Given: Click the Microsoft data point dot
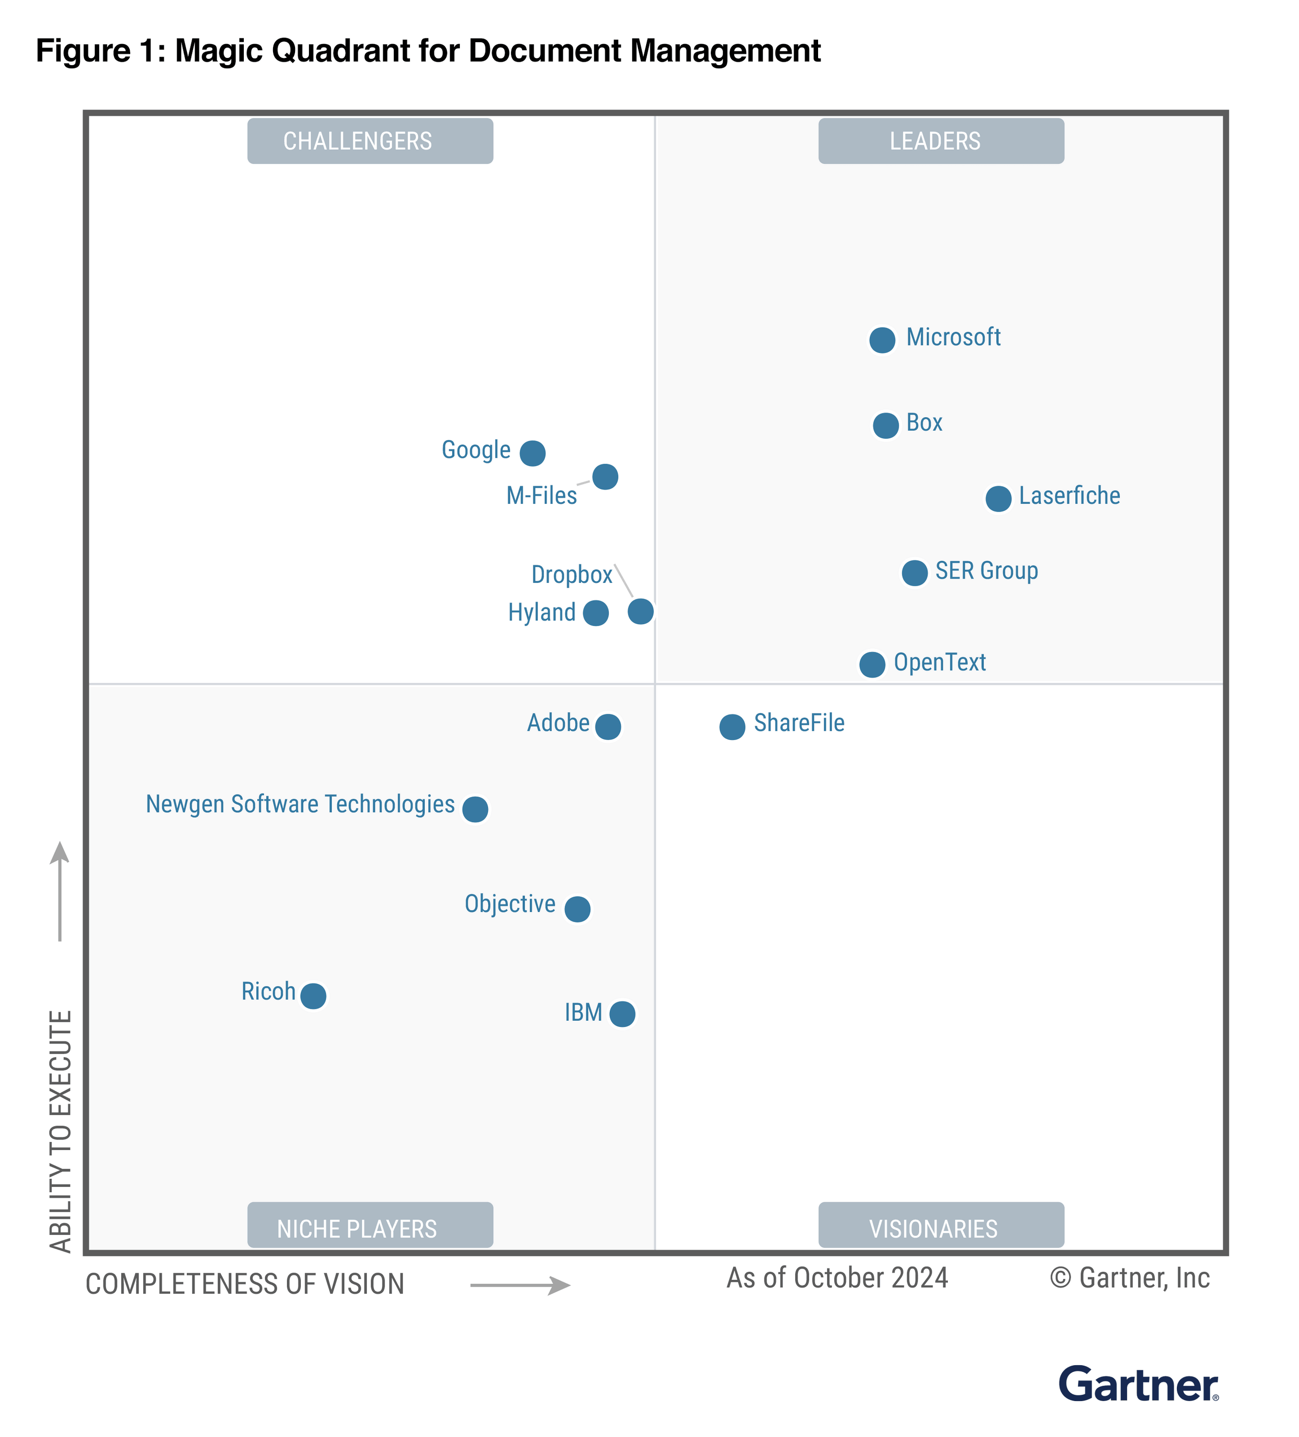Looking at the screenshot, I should pyautogui.click(x=882, y=340).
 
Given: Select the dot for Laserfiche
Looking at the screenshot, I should pyautogui.click(x=998, y=498).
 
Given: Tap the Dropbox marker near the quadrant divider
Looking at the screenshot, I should pyautogui.click(x=640, y=611).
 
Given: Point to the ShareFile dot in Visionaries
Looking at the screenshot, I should pyautogui.click(x=731, y=726).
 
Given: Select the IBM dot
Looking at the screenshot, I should pyautogui.click(x=622, y=1013).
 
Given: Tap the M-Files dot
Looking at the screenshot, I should pyautogui.click(x=604, y=476).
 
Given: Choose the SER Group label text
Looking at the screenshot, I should pyautogui.click(x=986, y=571).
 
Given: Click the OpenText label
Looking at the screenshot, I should pyautogui.click(x=939, y=662).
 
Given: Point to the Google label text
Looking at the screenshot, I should pyautogui.click(x=476, y=450).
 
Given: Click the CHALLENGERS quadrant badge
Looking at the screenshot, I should pyautogui.click(x=370, y=141).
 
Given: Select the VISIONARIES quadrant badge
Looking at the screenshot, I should pyautogui.click(x=940, y=1227).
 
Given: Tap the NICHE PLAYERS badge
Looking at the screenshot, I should pyautogui.click(x=370, y=1227).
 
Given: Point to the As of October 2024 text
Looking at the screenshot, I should pyautogui.click(x=836, y=1278).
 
